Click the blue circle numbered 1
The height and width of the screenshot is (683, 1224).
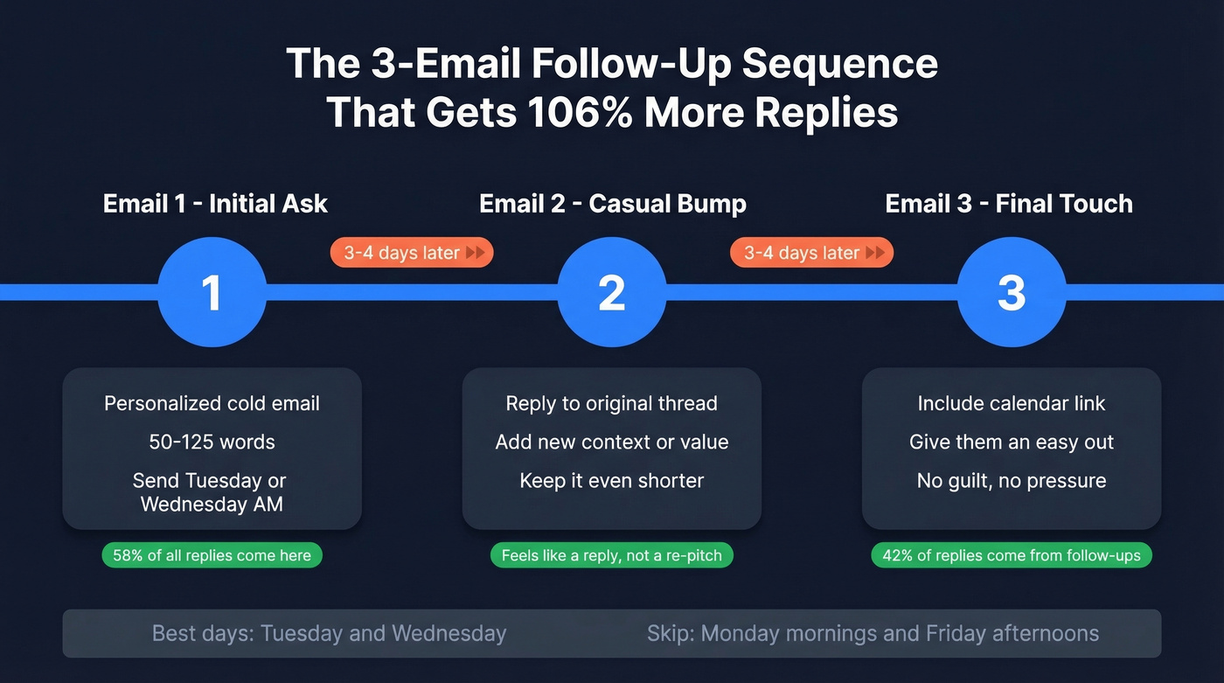pos(212,292)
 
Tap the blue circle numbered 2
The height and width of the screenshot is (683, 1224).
pos(611,292)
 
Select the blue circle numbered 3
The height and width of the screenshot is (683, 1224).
pos(1012,292)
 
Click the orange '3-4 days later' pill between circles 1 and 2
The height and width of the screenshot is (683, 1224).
pos(412,253)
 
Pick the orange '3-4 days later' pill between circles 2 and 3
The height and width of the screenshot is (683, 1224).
pos(811,253)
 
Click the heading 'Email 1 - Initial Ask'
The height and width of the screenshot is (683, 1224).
pos(215,204)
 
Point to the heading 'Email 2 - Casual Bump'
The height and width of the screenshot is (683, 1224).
pos(613,204)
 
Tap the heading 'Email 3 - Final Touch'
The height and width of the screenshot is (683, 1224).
pos(1009,204)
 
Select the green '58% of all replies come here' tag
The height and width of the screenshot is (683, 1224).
pos(212,555)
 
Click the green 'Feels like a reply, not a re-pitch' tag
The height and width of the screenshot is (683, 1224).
pos(611,555)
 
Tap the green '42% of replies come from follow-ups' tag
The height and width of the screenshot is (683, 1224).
pos(1012,555)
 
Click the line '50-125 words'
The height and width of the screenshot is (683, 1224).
pos(212,442)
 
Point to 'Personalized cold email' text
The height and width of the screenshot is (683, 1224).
pos(212,403)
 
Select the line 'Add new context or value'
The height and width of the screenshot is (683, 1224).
pos(611,442)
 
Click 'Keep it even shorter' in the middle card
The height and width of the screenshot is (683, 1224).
pos(611,480)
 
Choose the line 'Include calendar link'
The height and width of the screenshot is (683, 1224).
pos(1012,403)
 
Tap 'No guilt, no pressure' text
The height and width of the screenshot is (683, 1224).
pos(1012,480)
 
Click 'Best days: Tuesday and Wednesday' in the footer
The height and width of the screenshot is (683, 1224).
pos(329,633)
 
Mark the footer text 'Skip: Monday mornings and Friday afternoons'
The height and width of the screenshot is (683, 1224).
pos(873,633)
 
